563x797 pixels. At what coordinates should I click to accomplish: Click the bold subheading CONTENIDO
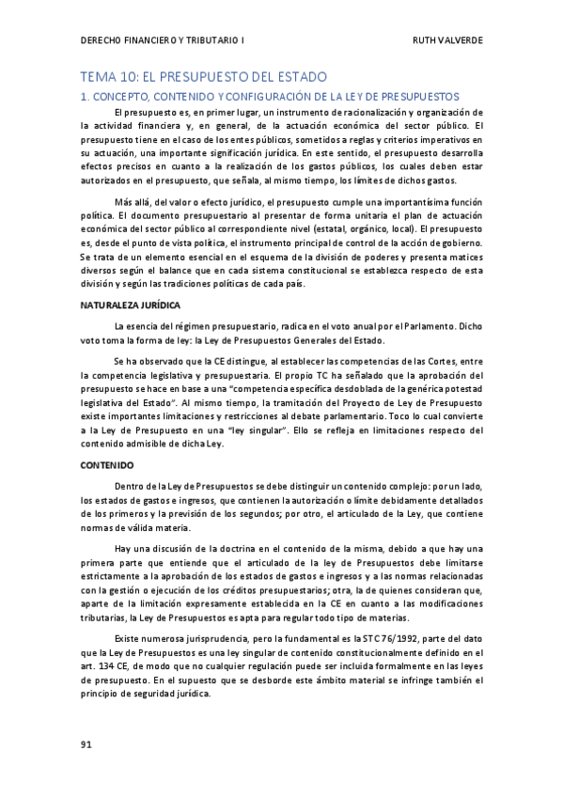[107, 465]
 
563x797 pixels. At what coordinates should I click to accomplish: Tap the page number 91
[86, 745]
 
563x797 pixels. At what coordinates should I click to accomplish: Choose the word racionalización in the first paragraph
[343, 113]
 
